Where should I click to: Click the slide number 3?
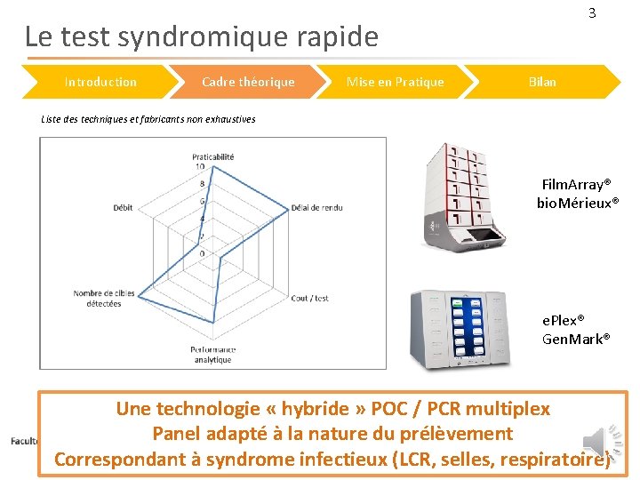592,13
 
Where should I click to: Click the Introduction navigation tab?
100,82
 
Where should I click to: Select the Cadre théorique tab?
248,82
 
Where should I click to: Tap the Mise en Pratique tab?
395,82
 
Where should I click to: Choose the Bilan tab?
542,82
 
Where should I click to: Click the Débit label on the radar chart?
123,208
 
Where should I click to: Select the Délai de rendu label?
316,208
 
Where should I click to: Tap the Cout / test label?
309,298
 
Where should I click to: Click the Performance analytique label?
212,355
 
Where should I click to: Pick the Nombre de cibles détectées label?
103,299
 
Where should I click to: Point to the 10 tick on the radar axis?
200,166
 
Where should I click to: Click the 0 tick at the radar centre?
202,253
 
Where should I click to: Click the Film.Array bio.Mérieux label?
577,194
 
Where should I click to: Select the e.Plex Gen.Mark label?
576,329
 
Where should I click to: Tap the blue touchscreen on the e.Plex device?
468,325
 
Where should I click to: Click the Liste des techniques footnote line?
148,119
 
